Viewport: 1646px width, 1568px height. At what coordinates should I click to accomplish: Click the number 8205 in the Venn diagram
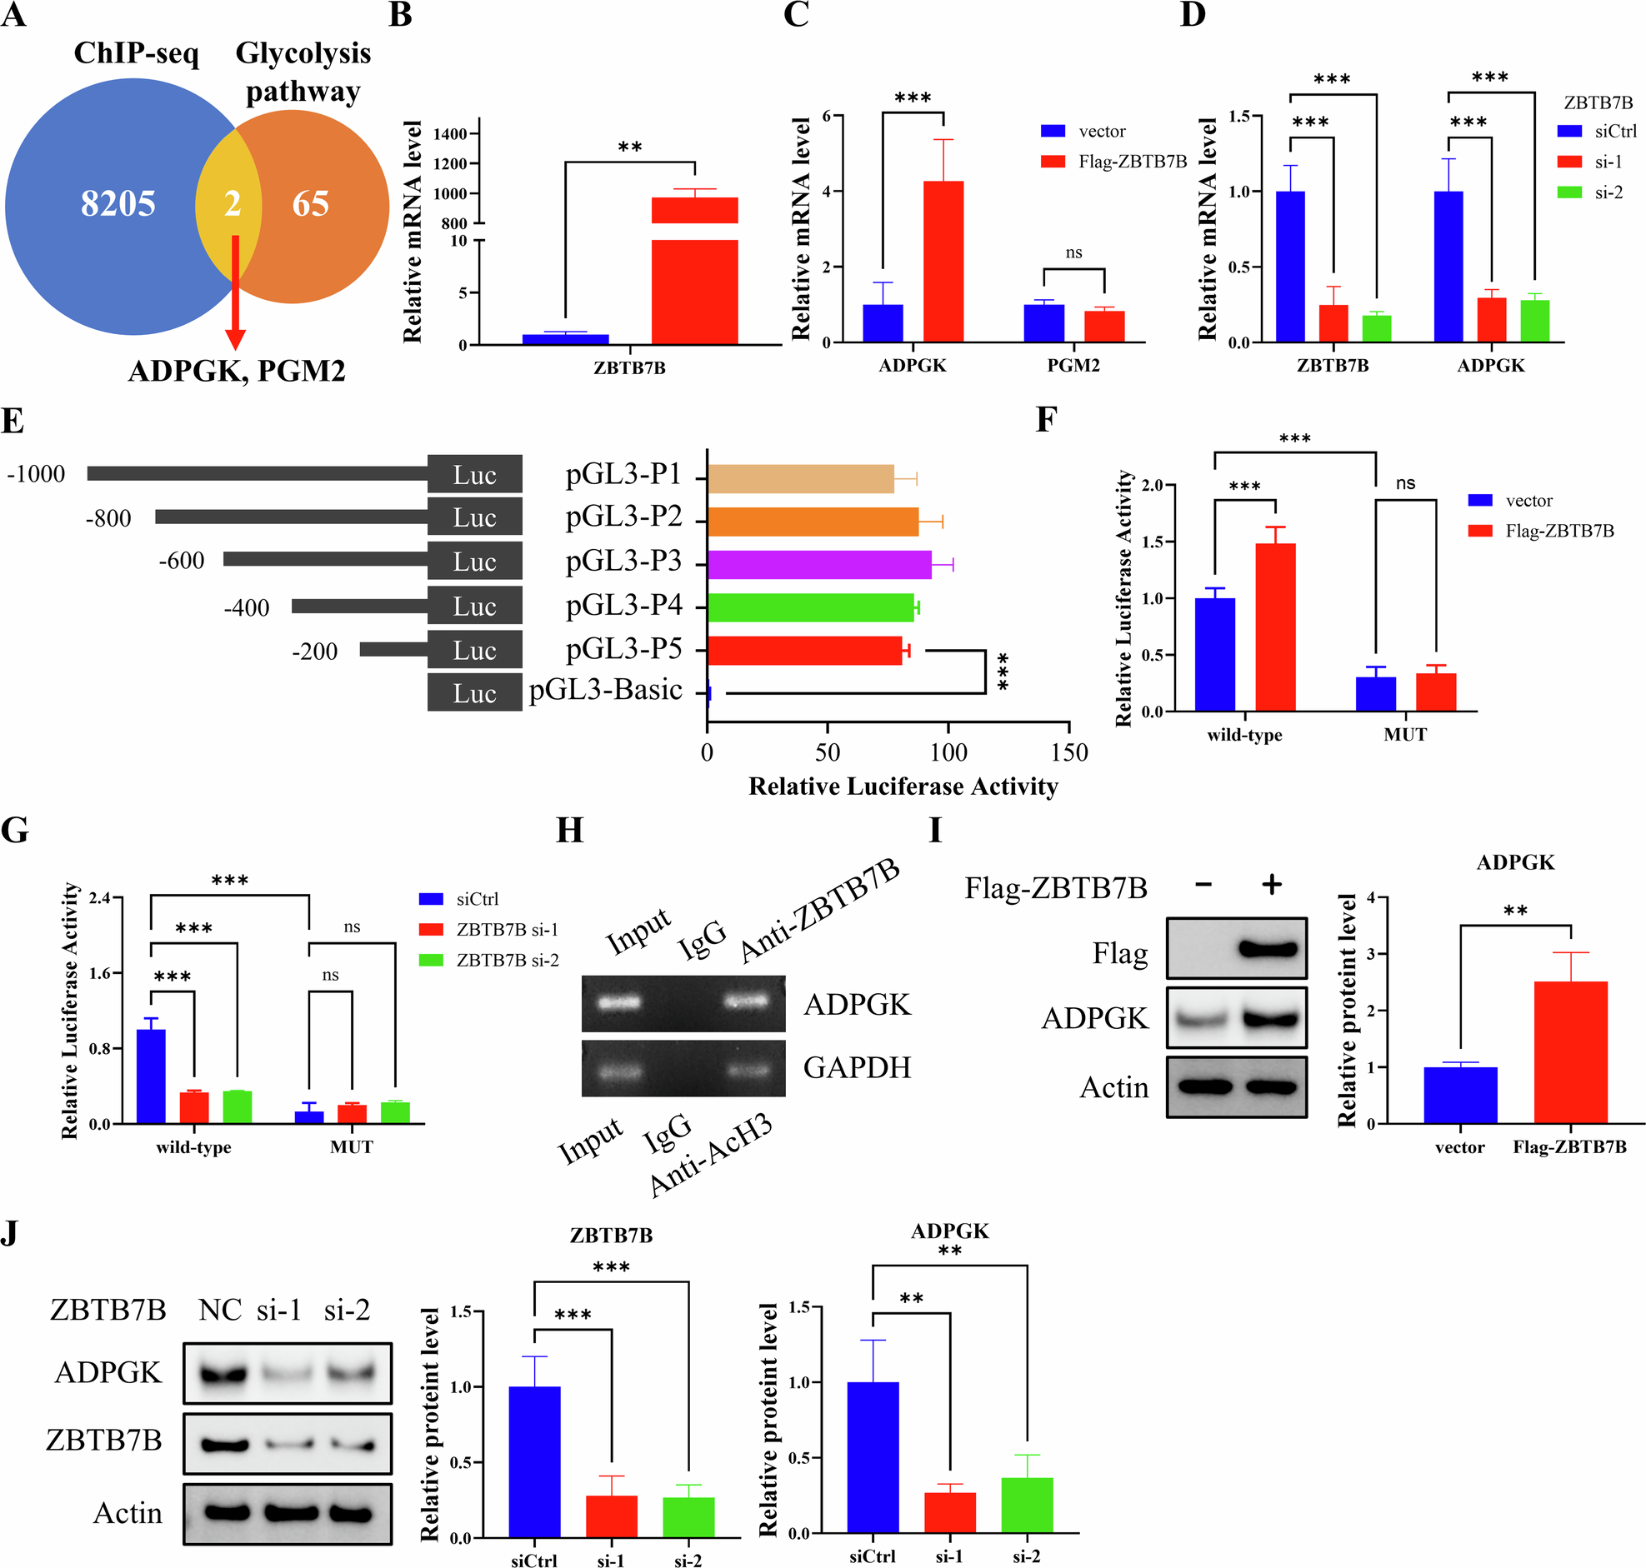tap(118, 203)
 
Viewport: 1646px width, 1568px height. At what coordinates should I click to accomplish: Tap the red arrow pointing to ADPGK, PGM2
tap(236, 292)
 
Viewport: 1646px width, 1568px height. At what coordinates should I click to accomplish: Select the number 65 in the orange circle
tap(310, 203)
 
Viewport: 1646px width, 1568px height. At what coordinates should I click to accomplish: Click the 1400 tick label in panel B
tap(450, 134)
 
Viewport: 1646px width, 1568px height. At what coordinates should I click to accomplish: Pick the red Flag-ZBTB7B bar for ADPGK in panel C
tap(943, 262)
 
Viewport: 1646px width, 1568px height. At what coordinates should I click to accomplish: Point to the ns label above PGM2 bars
tap(1073, 252)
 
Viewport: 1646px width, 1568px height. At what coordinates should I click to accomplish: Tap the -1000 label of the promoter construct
tap(36, 474)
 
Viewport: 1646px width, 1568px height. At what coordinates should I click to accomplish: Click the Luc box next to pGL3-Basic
tap(474, 693)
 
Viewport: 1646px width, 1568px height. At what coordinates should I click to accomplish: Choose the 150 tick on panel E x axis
tap(1069, 752)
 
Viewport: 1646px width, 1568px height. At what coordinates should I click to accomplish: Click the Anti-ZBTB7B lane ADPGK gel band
tap(747, 1001)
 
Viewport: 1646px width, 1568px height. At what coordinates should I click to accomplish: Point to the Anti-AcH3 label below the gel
tap(711, 1156)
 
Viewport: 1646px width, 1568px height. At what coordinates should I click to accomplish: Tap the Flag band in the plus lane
tap(1269, 949)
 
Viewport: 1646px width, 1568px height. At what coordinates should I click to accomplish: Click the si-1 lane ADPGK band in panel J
tap(278, 1371)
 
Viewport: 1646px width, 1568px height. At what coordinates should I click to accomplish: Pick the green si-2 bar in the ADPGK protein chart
tap(1027, 1506)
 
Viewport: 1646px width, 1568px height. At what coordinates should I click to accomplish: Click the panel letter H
tap(569, 830)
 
